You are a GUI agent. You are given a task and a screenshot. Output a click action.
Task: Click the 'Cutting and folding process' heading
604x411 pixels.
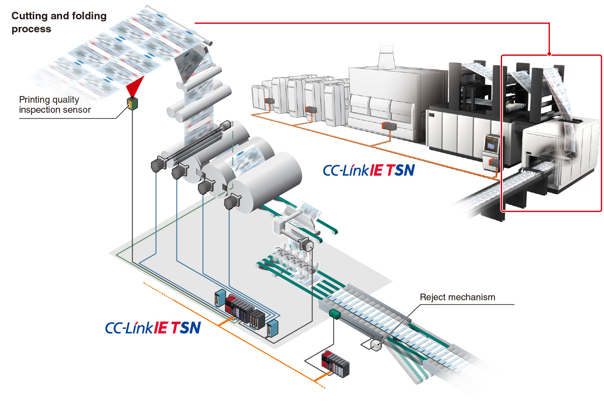59,22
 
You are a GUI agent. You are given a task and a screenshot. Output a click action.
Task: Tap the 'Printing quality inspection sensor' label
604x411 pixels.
55,105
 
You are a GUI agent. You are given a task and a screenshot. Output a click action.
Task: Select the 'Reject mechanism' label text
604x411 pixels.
457,297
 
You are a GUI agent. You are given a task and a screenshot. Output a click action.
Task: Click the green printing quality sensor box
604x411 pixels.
133,103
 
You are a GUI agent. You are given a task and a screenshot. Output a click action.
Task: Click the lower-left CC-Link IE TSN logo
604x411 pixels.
153,328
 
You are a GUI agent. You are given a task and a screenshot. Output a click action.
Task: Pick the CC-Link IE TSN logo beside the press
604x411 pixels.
368,170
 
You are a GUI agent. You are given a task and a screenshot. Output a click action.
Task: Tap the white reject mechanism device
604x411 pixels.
376,345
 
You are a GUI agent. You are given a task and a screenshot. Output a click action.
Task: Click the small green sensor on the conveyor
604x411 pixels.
335,314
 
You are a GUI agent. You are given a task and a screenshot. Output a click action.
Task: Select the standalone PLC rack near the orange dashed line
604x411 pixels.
336,364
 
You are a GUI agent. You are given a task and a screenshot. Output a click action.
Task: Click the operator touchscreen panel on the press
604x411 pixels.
490,145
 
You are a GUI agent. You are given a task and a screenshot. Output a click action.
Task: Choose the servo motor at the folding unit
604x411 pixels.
306,245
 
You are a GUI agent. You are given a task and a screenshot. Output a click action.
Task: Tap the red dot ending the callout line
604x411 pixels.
549,54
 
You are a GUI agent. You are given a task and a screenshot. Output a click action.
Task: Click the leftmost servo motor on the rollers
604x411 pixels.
159,164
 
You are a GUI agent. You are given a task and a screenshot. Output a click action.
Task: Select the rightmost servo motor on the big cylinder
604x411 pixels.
232,202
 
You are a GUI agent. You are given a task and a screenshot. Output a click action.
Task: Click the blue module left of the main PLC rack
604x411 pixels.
220,298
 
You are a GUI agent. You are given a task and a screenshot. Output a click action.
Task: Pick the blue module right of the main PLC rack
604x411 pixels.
273,328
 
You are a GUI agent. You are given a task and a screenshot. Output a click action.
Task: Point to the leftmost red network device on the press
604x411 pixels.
269,101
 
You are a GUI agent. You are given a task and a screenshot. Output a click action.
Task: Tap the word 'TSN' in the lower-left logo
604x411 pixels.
186,328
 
